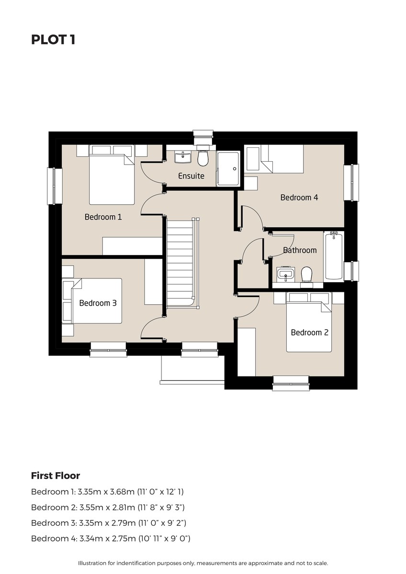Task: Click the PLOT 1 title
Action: tap(53, 40)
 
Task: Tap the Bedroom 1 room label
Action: tap(103, 217)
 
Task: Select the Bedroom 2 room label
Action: tap(310, 332)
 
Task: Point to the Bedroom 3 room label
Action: tap(98, 303)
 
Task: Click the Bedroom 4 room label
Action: tap(299, 197)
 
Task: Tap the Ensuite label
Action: tap(191, 176)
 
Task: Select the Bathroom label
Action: tap(300, 250)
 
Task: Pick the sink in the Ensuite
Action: tap(182, 157)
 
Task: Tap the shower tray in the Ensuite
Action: tap(228, 168)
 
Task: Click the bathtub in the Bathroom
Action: tap(333, 255)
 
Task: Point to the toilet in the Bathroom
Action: tap(306, 275)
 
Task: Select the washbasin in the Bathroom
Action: tap(286, 275)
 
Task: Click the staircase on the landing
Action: tap(182, 263)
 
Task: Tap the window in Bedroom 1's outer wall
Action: tap(55, 186)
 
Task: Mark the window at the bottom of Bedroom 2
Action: tap(291, 384)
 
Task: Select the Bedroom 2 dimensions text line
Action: tap(108, 508)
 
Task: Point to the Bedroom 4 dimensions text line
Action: tap(111, 539)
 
